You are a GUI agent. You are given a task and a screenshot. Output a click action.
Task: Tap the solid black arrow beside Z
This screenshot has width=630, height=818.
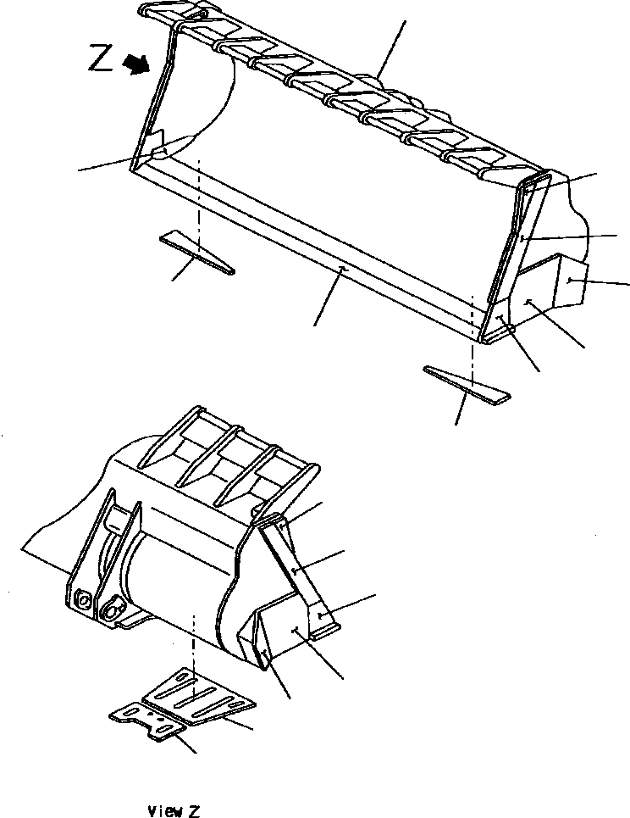(136, 63)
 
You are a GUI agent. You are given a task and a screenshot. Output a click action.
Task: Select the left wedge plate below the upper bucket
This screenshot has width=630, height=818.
(196, 253)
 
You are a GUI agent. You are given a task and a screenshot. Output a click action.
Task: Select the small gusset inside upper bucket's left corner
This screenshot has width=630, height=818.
(155, 145)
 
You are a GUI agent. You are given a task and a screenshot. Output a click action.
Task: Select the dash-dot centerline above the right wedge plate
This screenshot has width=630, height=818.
(472, 331)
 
